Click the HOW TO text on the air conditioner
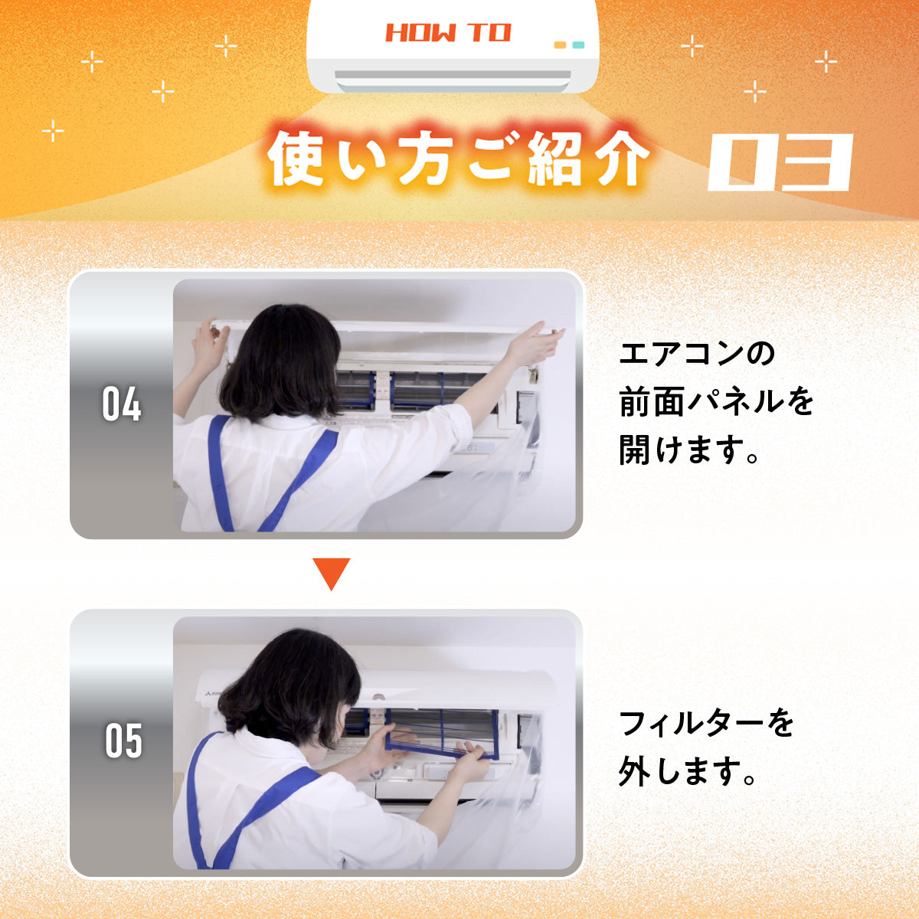tap(448, 33)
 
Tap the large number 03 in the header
tap(780, 162)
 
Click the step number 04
tap(122, 404)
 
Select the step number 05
tap(123, 741)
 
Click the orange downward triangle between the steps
tap(332, 574)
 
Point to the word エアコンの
tap(696, 354)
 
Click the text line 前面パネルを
tap(716, 402)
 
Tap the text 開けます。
tap(689, 450)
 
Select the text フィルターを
tap(705, 724)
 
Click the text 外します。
tap(687, 772)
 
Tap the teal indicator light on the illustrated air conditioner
tap(578, 45)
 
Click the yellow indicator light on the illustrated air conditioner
tap(560, 45)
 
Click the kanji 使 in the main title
tap(297, 159)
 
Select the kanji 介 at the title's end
tap(620, 159)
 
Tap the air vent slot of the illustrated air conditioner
tap(453, 75)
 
